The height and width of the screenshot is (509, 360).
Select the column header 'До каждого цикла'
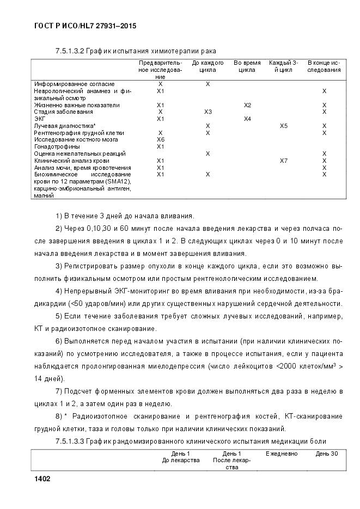tap(208, 66)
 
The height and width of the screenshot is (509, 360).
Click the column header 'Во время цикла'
tap(247, 66)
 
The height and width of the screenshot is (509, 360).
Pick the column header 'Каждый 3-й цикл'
tap(283, 66)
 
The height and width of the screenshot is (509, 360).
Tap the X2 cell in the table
tap(247, 105)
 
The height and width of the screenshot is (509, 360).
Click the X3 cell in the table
tap(208, 112)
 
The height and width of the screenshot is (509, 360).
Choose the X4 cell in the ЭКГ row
tap(247, 119)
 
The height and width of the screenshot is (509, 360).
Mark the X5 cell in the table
tap(283, 126)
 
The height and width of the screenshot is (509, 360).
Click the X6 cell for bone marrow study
tap(160, 140)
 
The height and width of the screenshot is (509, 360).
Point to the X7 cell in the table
tap(283, 161)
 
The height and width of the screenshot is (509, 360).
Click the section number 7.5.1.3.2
tap(74, 51)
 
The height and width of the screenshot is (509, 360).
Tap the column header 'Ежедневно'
tap(282, 453)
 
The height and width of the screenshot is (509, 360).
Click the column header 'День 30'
tap(326, 453)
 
